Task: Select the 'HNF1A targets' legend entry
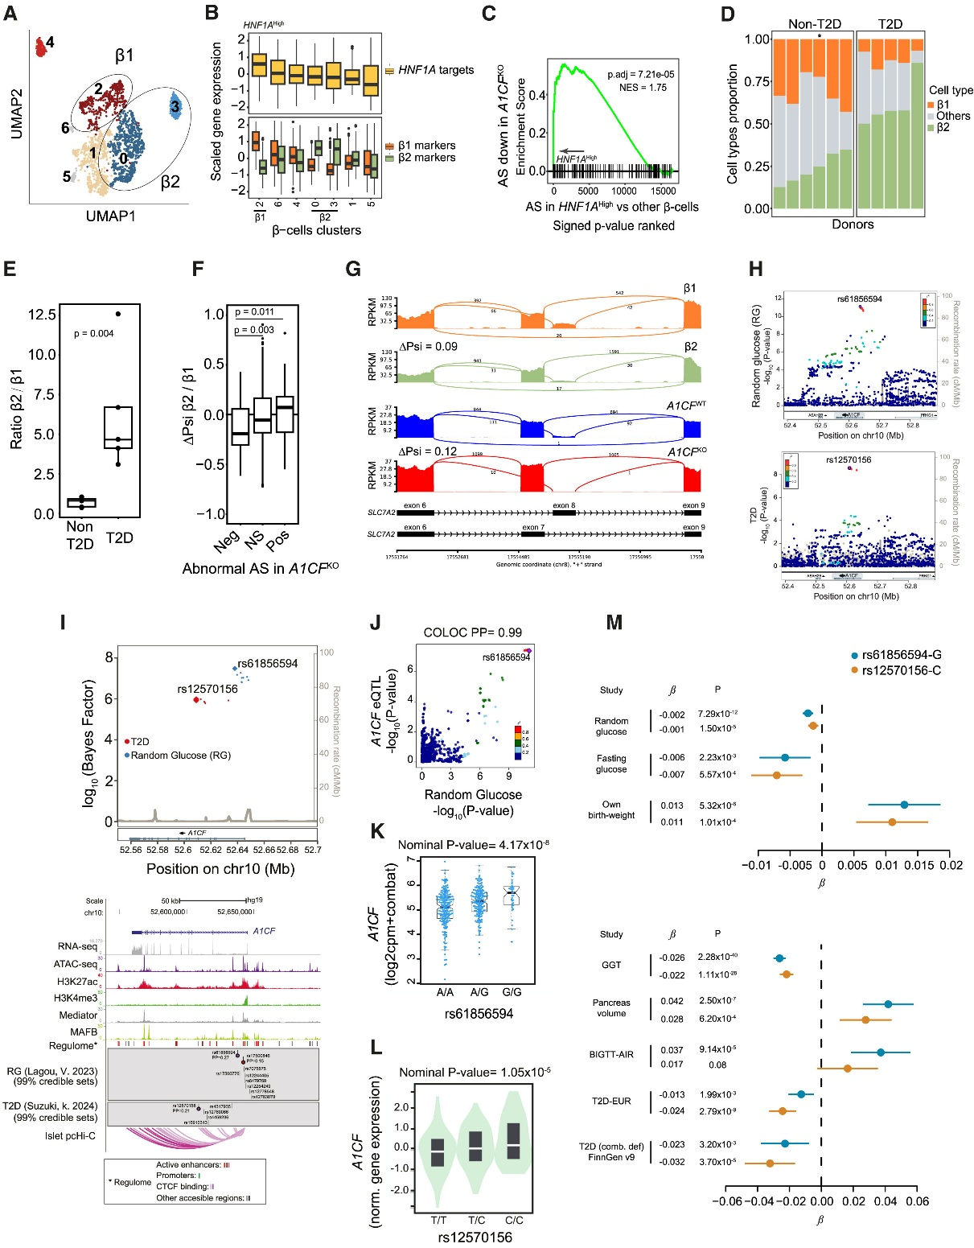click(436, 70)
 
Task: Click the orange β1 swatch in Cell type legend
click(932, 105)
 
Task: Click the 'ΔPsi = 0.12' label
click(429, 451)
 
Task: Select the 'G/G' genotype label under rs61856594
click(512, 992)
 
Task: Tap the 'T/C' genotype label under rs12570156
click(476, 1220)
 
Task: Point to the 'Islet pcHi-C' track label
click(70, 1135)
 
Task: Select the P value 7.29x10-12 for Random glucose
click(717, 714)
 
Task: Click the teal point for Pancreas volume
click(888, 1003)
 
